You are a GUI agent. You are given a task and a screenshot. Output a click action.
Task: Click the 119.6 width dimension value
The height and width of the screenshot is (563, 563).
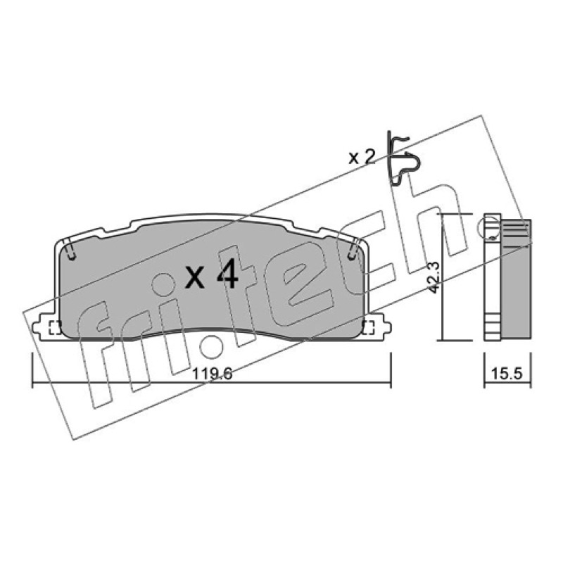tap(213, 374)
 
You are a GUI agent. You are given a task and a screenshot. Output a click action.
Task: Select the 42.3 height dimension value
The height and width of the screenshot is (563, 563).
tap(434, 278)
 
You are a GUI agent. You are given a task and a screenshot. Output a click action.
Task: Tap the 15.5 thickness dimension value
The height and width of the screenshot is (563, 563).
tap(507, 374)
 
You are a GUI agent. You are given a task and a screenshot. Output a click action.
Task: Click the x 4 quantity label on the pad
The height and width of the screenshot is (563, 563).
tap(211, 274)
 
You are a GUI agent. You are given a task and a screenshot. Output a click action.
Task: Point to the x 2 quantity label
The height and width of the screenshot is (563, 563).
tap(362, 157)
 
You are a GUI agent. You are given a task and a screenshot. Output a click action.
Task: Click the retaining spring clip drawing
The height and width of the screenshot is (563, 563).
tap(403, 159)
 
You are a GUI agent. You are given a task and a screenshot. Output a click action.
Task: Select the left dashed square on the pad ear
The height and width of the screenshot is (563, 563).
tap(55, 327)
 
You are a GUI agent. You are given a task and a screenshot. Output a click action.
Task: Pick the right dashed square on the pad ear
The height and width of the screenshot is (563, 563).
tap(368, 327)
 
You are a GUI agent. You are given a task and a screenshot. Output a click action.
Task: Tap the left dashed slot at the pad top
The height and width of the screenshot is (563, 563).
tap(71, 250)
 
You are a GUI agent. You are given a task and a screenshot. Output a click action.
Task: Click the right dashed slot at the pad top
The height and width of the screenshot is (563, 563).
tap(353, 250)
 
